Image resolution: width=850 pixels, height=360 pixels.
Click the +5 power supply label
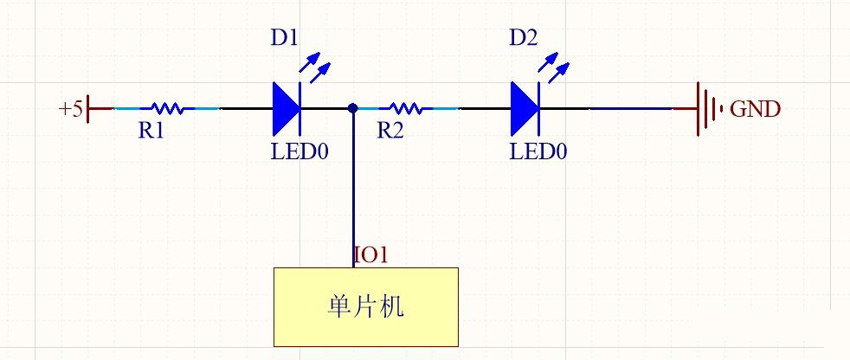[x=70, y=109]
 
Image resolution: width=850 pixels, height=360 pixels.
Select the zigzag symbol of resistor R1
[x=166, y=109]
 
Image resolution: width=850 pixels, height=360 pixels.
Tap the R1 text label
[x=151, y=131]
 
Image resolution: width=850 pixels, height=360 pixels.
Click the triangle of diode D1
[x=287, y=109]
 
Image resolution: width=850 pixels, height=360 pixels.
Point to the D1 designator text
[x=284, y=38]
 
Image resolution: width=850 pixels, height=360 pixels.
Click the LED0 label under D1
[x=299, y=152]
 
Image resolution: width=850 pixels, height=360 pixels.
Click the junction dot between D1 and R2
[x=353, y=109]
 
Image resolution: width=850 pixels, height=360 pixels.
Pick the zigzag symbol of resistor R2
[x=405, y=109]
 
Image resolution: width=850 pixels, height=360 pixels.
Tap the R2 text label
[x=391, y=131]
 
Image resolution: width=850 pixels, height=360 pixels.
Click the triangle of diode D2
[x=525, y=109]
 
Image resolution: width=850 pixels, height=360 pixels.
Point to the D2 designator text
[x=523, y=38]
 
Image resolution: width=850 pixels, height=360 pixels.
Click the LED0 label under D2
[x=538, y=152]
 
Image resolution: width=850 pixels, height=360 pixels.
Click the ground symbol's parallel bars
[x=710, y=109]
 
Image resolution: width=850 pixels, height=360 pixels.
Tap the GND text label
[x=755, y=109]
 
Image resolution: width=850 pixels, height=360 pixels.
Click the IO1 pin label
[x=371, y=255]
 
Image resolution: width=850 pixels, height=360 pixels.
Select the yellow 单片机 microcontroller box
[x=366, y=306]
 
